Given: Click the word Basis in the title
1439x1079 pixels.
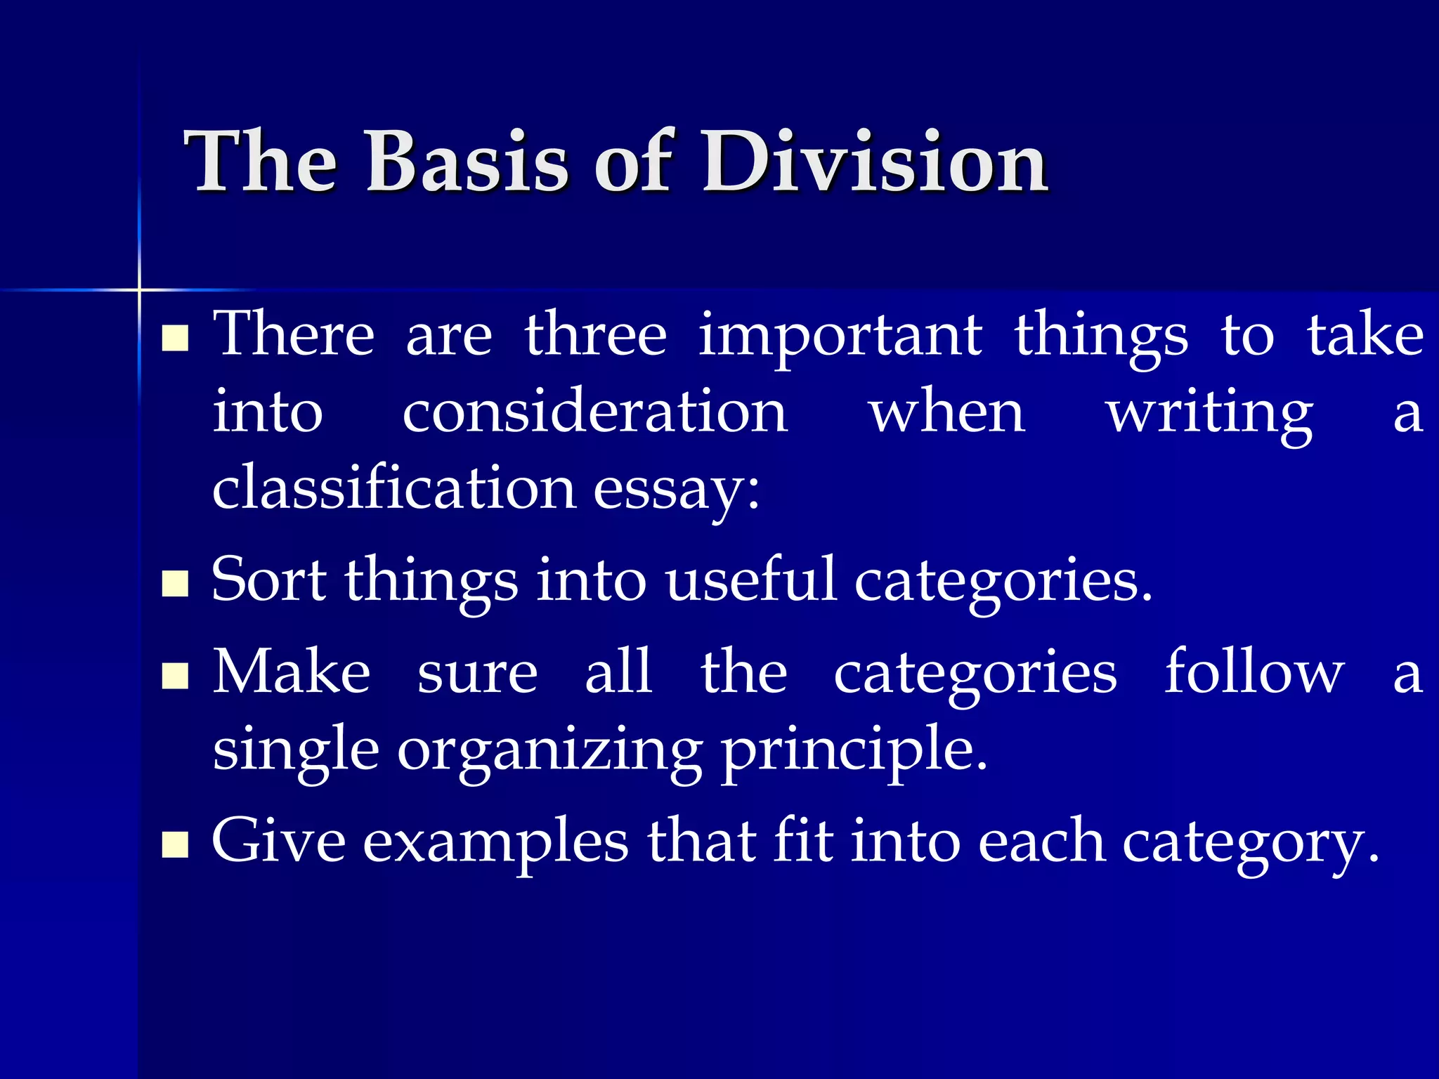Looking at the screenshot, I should [466, 163].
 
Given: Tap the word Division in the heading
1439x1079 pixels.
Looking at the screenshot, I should [875, 163].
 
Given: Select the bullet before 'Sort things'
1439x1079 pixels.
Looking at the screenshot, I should [175, 583].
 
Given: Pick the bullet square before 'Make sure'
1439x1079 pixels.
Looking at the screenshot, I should [175, 676].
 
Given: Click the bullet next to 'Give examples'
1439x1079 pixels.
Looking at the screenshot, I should [175, 845].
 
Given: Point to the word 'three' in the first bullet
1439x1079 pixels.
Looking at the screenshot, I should [595, 335].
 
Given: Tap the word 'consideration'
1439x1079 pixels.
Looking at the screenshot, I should [594, 412].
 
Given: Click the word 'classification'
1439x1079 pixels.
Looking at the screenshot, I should [394, 489].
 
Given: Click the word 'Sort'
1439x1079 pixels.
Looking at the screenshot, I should [268, 580].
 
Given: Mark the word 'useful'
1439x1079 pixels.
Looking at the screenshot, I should [750, 580].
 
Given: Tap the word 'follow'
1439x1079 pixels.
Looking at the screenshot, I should [1254, 672].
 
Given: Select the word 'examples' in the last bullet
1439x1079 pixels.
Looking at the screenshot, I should [495, 844].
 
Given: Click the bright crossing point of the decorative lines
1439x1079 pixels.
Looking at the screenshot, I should [139, 289].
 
